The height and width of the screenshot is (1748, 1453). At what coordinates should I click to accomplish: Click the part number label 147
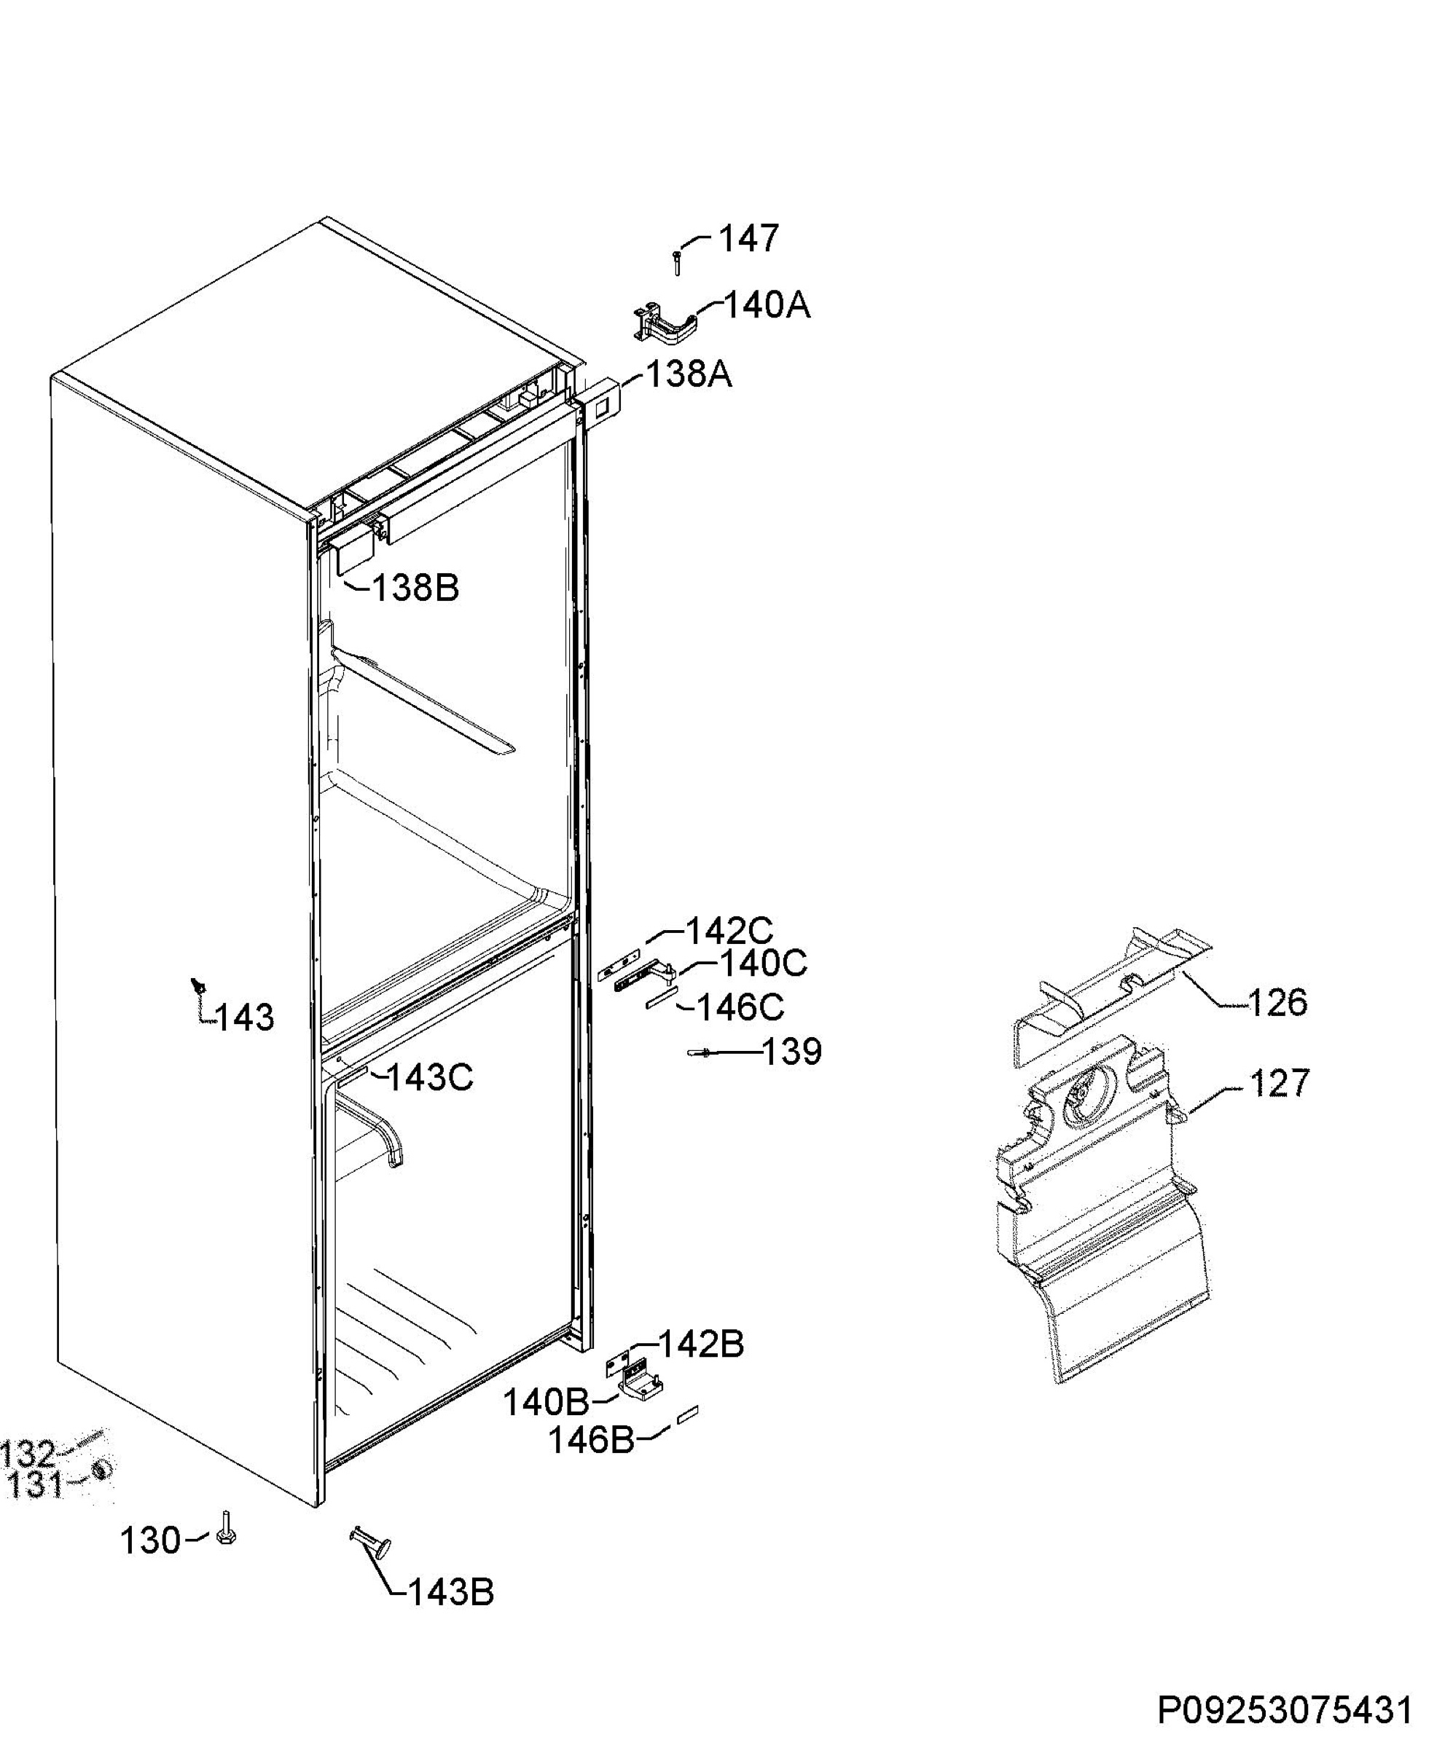pyautogui.click(x=748, y=239)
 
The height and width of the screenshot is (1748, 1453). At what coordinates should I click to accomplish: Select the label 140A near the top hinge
pyautogui.click(x=766, y=305)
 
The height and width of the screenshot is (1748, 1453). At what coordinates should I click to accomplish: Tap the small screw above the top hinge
pyautogui.click(x=676, y=263)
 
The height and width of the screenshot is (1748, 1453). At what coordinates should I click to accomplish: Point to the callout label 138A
pyautogui.click(x=689, y=374)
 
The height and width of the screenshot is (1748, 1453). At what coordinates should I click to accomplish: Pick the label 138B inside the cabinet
pyautogui.click(x=415, y=588)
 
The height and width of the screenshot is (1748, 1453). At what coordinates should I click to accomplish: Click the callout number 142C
pyautogui.click(x=729, y=932)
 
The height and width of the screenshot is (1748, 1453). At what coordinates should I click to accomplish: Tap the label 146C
pyautogui.click(x=740, y=1008)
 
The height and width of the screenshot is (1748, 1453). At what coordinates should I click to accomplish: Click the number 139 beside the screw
pyautogui.click(x=792, y=1052)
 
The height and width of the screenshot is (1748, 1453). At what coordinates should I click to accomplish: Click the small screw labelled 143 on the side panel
pyautogui.click(x=198, y=985)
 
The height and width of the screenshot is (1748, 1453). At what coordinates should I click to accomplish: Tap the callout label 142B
pyautogui.click(x=701, y=1345)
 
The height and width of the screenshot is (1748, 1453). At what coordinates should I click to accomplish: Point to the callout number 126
pyautogui.click(x=1278, y=1002)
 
